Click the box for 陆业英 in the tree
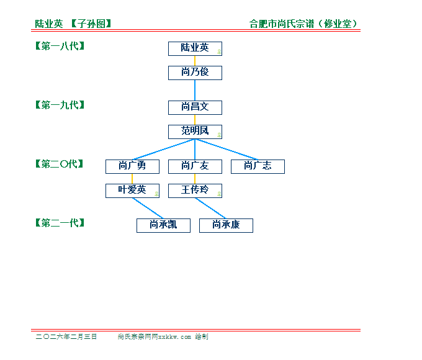tap(195, 49)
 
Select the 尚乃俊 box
tap(195, 73)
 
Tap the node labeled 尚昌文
tap(195, 108)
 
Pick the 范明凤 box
tap(195, 132)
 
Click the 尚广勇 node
tap(132, 167)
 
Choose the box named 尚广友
tap(195, 167)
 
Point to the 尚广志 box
tap(258, 167)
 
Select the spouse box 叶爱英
tap(132, 191)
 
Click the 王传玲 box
tap(195, 191)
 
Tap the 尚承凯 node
tap(164, 226)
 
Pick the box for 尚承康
tap(226, 226)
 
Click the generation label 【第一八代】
tap(60, 46)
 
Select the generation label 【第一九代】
tap(60, 105)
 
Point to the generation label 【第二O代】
tap(60, 164)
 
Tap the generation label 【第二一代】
tap(60, 223)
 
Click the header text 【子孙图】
tap(91, 24)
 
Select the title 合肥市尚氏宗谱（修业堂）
tap(303, 24)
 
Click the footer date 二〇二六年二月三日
tap(66, 336)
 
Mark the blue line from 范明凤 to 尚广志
tap(227, 150)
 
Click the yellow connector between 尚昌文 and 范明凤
tap(195, 120)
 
